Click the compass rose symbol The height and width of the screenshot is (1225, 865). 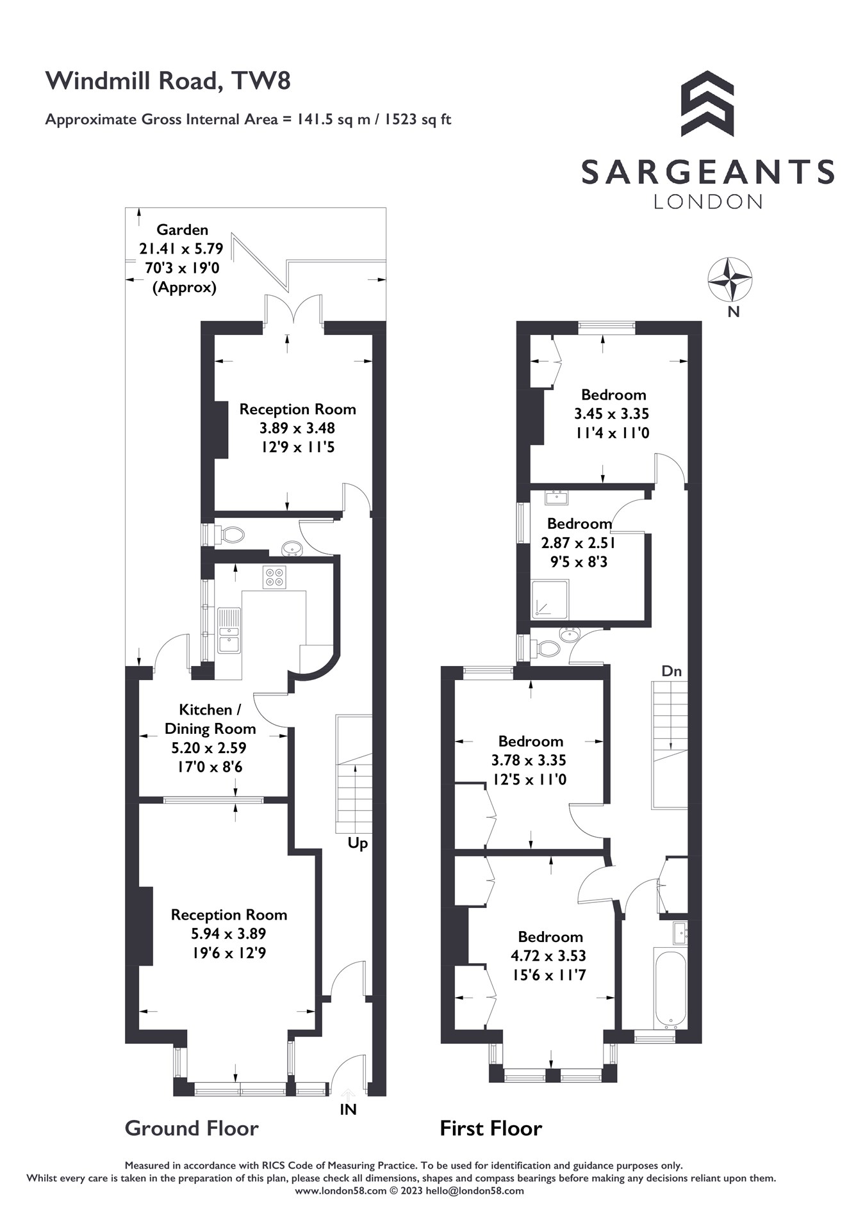729,280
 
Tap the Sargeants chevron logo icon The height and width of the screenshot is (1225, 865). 707,104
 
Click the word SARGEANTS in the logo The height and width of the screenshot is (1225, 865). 707,172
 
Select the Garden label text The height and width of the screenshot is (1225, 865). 182,229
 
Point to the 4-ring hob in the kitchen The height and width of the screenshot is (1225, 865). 274,577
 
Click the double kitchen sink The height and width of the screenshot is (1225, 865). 229,631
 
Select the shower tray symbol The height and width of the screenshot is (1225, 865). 550,599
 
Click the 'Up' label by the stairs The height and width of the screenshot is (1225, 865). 358,843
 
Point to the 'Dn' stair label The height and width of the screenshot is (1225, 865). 671,671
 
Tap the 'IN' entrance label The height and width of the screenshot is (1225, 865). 348,1110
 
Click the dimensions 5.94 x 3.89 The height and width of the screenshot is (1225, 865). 228,934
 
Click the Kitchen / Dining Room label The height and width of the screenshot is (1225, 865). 210,719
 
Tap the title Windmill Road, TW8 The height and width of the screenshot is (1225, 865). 168,81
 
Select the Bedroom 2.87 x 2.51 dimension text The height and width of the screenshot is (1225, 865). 578,543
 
